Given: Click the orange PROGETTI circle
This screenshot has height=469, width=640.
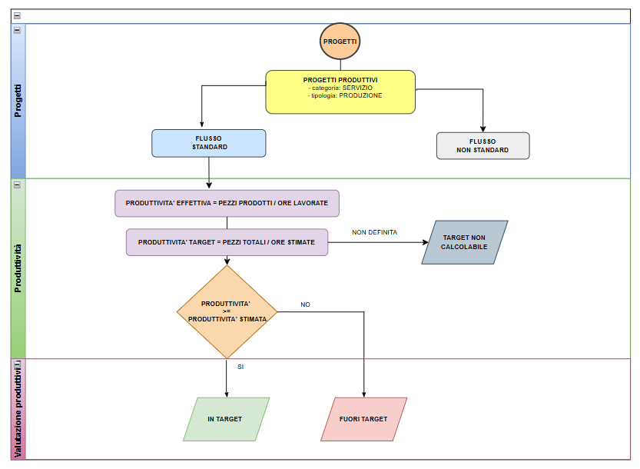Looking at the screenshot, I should pos(340,41).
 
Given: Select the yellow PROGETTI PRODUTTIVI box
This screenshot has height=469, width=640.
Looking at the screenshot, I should pos(340,91).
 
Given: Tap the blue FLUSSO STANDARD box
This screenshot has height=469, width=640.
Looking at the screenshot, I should pos(209,143).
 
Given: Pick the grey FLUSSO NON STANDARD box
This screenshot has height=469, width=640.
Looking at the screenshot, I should pos(482,146).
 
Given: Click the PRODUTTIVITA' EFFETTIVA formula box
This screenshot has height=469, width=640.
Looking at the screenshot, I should pos(227,203).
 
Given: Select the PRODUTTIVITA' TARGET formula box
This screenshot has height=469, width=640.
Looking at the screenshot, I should pos(227,242).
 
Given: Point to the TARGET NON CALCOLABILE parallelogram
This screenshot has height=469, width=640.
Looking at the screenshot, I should pos(464,242).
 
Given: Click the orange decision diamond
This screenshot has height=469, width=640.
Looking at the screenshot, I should pos(227,311).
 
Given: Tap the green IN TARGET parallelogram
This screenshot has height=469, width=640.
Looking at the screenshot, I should pos(226,419).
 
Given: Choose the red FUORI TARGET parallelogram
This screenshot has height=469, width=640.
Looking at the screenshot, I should pos(363,419).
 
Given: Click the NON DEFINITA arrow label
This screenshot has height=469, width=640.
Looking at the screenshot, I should pos(375,232).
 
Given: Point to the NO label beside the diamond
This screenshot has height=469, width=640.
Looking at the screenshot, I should pos(306,304).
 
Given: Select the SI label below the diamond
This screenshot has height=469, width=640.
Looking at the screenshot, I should pos(240,367).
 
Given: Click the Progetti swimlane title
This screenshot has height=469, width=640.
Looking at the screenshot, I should pos(18,101).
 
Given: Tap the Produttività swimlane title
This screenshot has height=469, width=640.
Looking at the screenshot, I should pos(18,268).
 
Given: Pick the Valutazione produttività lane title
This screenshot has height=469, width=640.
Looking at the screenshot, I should pos(18,407).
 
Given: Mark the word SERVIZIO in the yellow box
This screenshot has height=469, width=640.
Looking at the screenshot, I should pos(358,88).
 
